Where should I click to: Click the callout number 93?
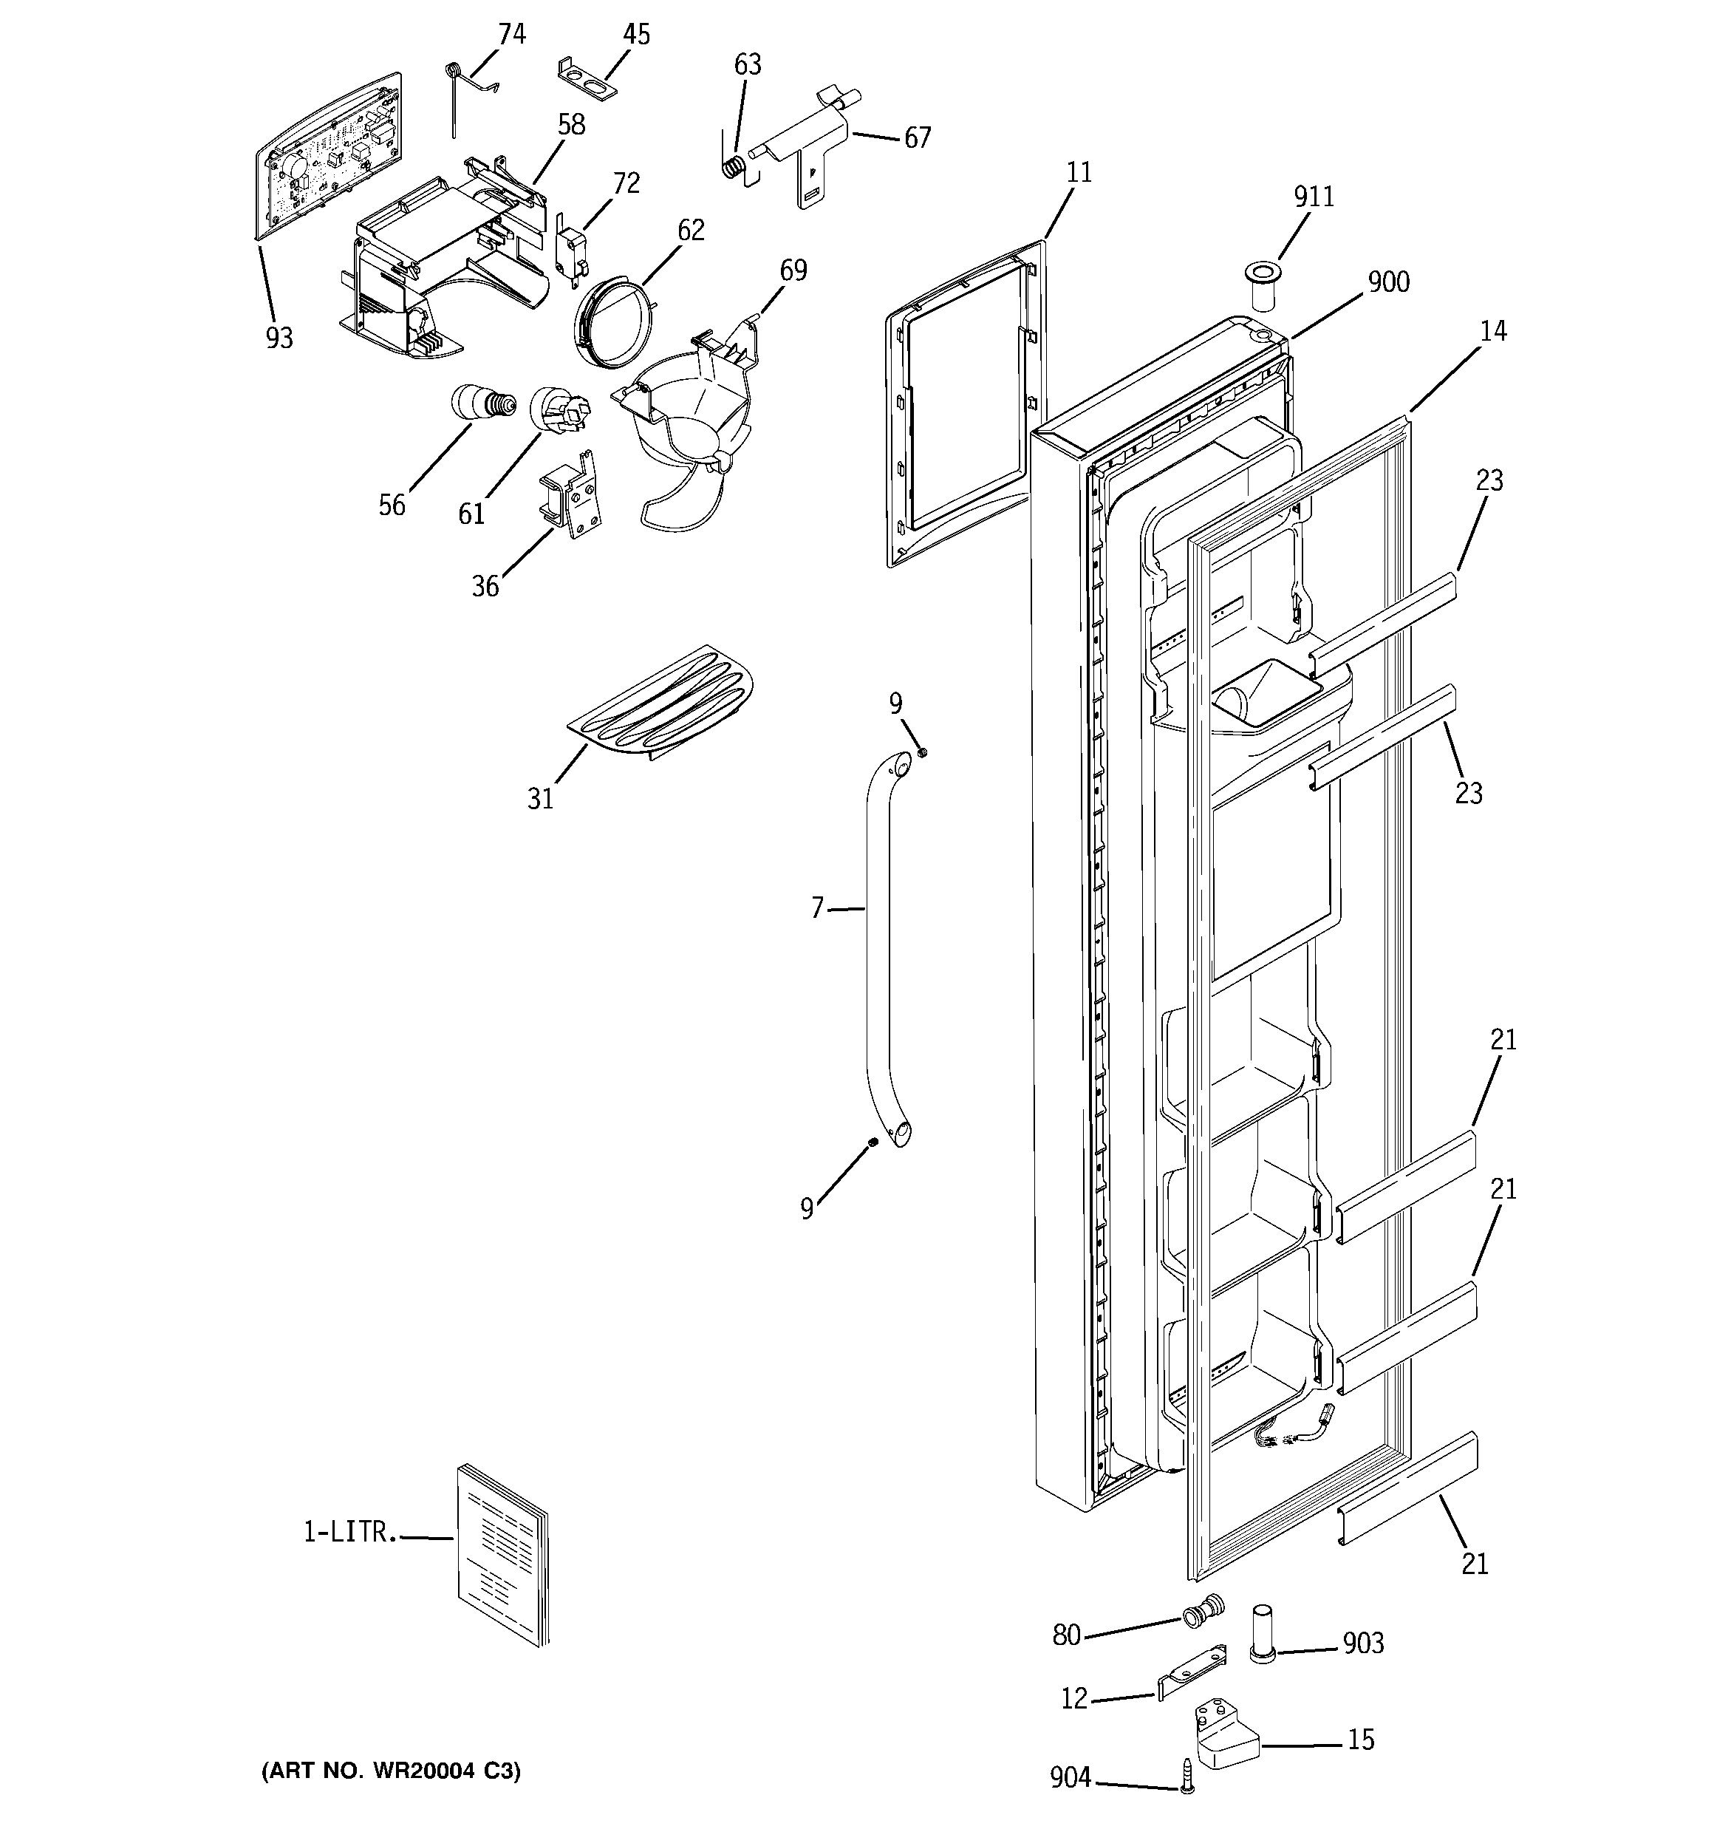click(279, 338)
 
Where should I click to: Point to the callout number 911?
click(1313, 197)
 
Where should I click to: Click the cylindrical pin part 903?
click(1263, 1633)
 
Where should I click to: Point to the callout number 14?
click(1493, 331)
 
